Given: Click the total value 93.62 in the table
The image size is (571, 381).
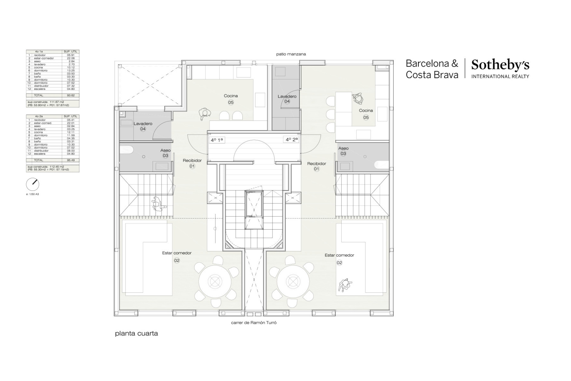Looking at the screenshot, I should [x=70, y=95].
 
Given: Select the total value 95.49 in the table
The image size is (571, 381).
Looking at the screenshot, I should [x=70, y=160].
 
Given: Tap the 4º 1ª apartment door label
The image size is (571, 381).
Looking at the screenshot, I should [x=217, y=140].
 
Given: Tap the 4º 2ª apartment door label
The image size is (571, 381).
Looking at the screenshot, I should [x=292, y=139].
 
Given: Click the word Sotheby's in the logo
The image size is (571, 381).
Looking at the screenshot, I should [x=500, y=65].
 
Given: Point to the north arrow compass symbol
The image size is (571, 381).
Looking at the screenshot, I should [x=32, y=184].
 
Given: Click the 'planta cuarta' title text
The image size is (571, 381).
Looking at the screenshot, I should [x=136, y=334].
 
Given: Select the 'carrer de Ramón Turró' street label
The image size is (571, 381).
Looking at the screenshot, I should [x=254, y=323].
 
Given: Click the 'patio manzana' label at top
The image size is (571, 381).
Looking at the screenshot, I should [x=291, y=54].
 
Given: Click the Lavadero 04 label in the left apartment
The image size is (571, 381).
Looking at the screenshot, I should [x=143, y=126].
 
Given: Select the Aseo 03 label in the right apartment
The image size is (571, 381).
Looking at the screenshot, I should [x=343, y=151].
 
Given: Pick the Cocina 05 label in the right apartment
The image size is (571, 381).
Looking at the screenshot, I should [x=366, y=113].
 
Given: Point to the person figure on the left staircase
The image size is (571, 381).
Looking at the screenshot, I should [x=158, y=204].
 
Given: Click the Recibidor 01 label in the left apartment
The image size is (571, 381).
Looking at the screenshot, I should [x=192, y=163].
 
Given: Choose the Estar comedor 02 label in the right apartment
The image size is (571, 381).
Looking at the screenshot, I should [x=339, y=258].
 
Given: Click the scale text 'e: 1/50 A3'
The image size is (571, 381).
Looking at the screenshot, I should [x=33, y=194].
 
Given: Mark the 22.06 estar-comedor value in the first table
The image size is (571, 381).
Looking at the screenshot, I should [x=70, y=58].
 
